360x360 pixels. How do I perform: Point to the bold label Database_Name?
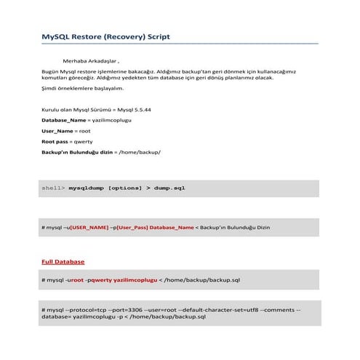[63, 119]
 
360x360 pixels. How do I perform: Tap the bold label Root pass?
[55, 141]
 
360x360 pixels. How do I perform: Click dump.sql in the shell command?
[170, 188]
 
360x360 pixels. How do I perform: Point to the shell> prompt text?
[53, 188]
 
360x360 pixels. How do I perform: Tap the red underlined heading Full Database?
[63, 261]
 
